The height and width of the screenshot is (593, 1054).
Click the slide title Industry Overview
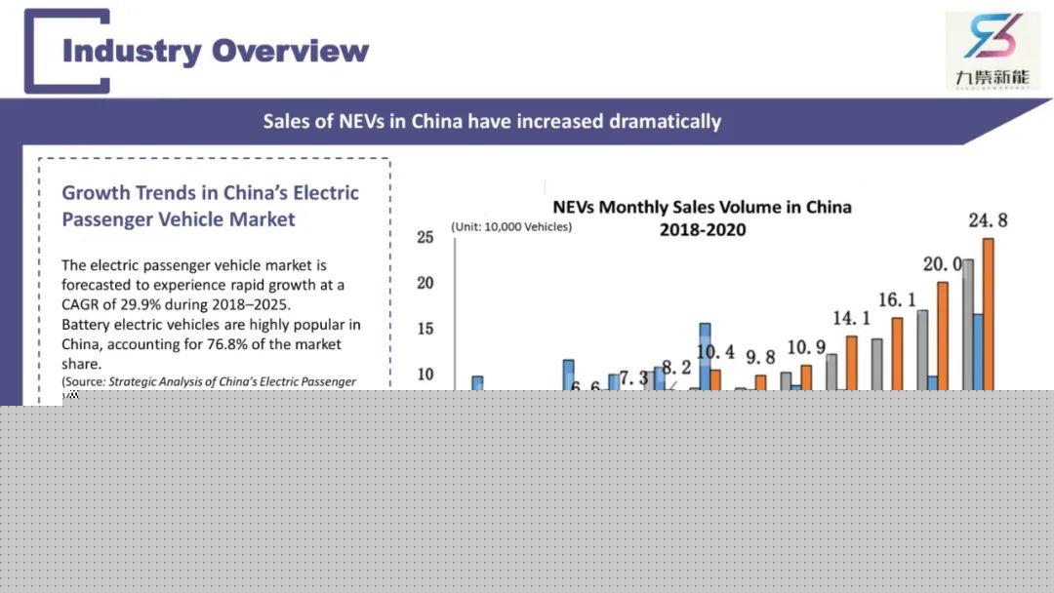click(x=216, y=51)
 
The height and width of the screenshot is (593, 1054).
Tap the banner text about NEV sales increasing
click(x=492, y=122)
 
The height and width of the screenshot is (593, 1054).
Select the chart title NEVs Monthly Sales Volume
click(x=702, y=207)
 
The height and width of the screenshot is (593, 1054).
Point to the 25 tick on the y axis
click(x=425, y=237)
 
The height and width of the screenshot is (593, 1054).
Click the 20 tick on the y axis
click(x=425, y=283)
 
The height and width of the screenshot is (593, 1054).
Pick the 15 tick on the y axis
click(x=425, y=329)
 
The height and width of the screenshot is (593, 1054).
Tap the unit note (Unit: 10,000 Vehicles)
click(x=511, y=227)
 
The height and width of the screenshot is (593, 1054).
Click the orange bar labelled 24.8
click(x=988, y=312)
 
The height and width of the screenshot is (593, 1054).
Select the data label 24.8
click(x=988, y=221)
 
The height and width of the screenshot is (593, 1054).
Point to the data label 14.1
click(x=851, y=319)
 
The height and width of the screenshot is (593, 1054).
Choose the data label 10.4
click(x=715, y=352)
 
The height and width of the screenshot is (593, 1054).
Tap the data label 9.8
click(x=760, y=358)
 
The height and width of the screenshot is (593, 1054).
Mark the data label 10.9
click(x=806, y=348)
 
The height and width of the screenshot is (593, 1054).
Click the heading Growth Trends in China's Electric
click(x=210, y=193)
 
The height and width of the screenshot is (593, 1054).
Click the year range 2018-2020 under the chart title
click(x=702, y=230)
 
